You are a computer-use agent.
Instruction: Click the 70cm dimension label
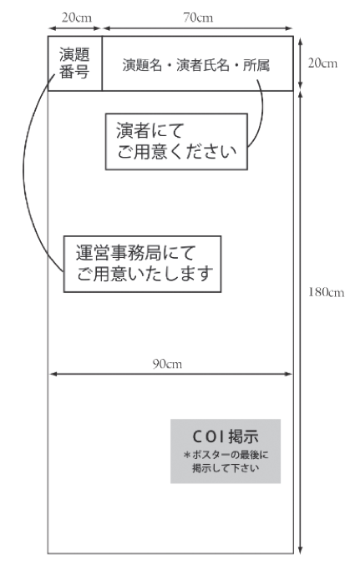click(x=198, y=18)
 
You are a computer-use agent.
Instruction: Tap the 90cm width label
click(x=167, y=364)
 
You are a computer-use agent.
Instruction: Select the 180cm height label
click(x=327, y=292)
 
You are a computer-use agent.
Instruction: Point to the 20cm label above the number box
click(x=76, y=18)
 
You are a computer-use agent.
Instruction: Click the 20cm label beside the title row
click(x=322, y=63)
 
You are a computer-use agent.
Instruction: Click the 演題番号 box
click(x=75, y=63)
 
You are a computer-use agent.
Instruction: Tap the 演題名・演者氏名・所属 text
click(x=196, y=65)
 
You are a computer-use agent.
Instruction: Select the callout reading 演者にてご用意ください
click(x=176, y=142)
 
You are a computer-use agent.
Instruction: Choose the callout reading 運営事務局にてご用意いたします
click(x=142, y=264)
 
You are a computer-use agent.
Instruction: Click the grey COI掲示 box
click(x=226, y=451)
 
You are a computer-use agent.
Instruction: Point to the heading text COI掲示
click(x=226, y=436)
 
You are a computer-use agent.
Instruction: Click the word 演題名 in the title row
click(x=142, y=65)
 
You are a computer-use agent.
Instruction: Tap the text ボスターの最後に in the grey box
click(x=226, y=455)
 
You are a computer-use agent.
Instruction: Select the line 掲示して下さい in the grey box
click(x=226, y=468)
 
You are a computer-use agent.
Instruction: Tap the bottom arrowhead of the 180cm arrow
click(x=300, y=549)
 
